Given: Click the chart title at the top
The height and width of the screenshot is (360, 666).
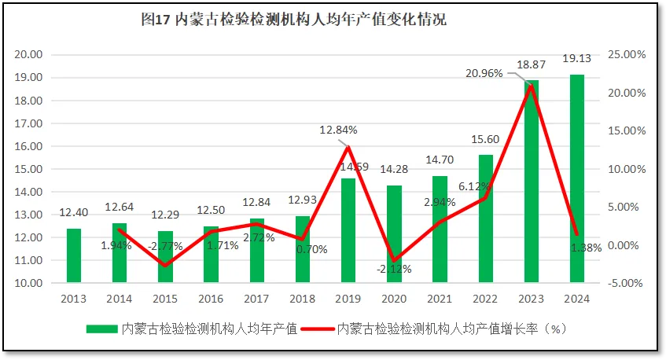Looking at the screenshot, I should pyautogui.click(x=293, y=20).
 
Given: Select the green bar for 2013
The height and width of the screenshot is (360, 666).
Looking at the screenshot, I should pyautogui.click(x=73, y=255).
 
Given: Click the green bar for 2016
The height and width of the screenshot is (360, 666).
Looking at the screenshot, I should pyautogui.click(x=211, y=254).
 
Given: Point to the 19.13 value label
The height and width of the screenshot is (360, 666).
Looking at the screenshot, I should pyautogui.click(x=577, y=57).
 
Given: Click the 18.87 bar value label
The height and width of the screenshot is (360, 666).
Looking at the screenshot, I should pyautogui.click(x=531, y=64).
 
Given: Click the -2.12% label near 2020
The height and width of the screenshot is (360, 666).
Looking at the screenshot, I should pyautogui.click(x=393, y=269).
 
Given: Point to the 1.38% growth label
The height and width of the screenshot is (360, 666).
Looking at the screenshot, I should pyautogui.click(x=587, y=247).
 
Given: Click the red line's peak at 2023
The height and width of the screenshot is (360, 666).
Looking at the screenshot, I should pyautogui.click(x=532, y=85).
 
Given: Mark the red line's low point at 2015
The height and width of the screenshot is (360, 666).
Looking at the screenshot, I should pyautogui.click(x=165, y=266).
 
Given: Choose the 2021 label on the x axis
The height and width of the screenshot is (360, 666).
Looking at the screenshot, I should pyautogui.click(x=440, y=299).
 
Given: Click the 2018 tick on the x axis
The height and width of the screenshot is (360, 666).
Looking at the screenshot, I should pyautogui.click(x=302, y=299).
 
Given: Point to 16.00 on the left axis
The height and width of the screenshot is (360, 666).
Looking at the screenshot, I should pyautogui.click(x=29, y=146).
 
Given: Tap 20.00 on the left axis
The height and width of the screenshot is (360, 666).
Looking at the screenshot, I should pyautogui.click(x=29, y=55).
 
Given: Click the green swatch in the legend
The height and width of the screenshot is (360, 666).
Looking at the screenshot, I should pyautogui.click(x=101, y=329).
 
